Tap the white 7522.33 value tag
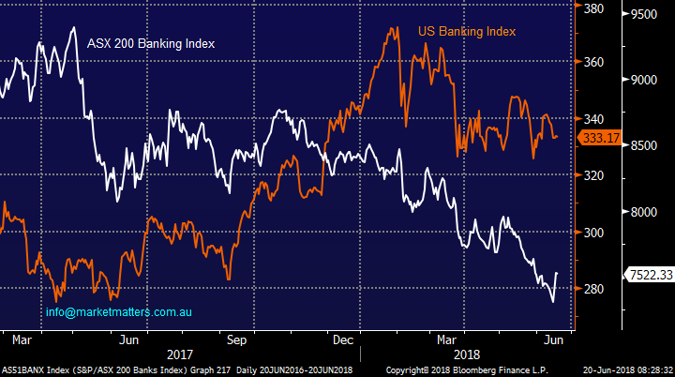coord(649,274)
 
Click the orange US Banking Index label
coord(467,32)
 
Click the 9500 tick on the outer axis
coord(647,15)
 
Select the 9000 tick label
coord(647,81)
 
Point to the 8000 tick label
coord(647,213)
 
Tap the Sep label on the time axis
coord(236,339)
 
